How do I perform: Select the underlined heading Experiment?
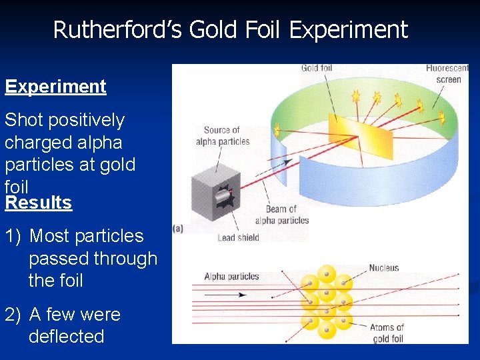[x=55, y=87]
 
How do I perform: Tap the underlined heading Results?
[x=38, y=203]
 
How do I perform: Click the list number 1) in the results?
[x=14, y=236]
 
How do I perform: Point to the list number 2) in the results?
[x=14, y=315]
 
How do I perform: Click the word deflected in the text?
[x=66, y=337]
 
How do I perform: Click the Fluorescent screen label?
[x=447, y=74]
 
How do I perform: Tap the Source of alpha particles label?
[x=223, y=135]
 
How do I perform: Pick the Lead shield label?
[x=238, y=238]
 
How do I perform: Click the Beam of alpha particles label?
[x=283, y=215]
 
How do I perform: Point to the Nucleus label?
[x=384, y=268]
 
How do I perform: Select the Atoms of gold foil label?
[x=387, y=333]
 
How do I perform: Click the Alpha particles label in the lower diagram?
[x=231, y=277]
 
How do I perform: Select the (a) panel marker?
[x=178, y=228]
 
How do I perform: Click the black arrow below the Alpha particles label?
[x=227, y=294]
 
